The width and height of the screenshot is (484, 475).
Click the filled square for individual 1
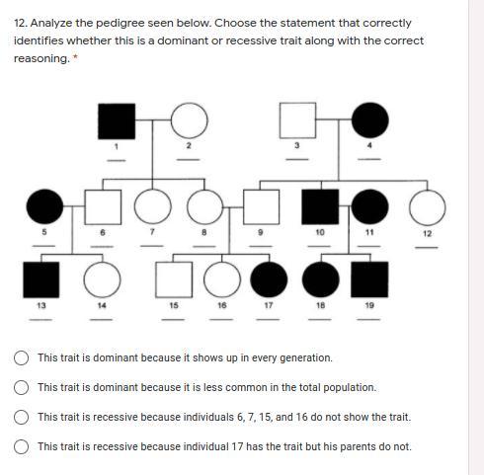point(117,121)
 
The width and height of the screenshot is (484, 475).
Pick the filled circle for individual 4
point(370,120)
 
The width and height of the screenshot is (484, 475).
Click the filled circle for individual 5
point(44,206)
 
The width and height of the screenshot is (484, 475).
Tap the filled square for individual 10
point(320,206)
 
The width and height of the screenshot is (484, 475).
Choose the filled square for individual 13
point(41,279)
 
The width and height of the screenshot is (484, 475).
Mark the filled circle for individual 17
point(269,279)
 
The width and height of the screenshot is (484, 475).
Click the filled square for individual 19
point(369,279)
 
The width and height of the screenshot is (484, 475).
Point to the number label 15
point(174,305)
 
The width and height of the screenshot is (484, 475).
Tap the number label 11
point(369,232)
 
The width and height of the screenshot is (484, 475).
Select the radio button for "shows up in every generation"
point(21,357)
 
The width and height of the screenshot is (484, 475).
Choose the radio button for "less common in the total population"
point(21,387)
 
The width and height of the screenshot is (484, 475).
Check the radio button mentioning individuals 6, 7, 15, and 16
point(21,417)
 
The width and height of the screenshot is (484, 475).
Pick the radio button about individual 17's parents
point(21,446)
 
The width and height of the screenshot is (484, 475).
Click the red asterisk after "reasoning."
point(75,57)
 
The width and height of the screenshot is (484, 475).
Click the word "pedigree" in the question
point(121,24)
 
